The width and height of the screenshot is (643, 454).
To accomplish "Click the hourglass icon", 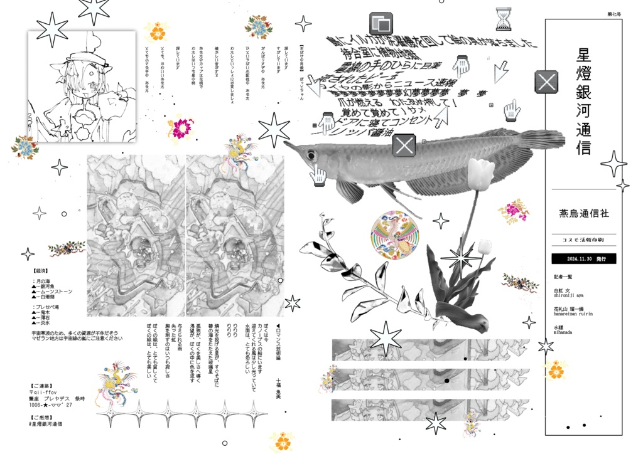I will click(504, 19).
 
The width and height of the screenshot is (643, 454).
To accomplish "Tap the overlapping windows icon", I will click(380, 23).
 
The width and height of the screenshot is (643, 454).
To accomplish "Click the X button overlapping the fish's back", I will click(404, 145).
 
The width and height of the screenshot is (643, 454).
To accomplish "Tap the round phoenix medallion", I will click(394, 233).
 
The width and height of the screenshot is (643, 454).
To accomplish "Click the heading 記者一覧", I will click(564, 276).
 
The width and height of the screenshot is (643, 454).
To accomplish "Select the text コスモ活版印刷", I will click(583, 239).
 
